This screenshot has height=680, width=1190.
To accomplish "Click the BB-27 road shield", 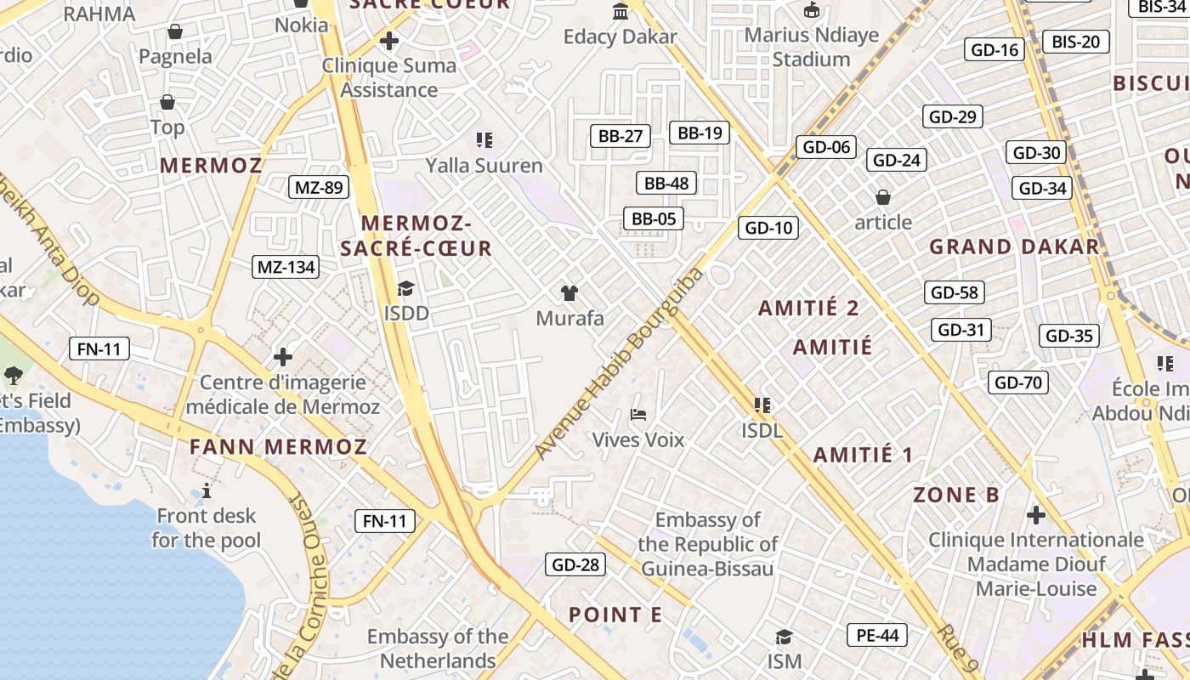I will pos(620,136).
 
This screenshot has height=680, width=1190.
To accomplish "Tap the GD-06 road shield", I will pos(826,147).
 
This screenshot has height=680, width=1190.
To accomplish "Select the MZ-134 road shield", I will pos(286,267).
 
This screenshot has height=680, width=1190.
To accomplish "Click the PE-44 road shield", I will pos(877,635).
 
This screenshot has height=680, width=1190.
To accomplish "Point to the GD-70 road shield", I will pos(1018,382).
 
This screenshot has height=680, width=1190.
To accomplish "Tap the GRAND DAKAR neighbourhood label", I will pos(1013,247).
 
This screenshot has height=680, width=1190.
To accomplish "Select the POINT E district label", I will pos(615,615).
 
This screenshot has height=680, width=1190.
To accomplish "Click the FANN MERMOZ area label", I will pos(278,447).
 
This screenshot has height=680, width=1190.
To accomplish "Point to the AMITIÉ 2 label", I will pos(808,309).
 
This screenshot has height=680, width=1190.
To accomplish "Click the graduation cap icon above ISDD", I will pos(405,288).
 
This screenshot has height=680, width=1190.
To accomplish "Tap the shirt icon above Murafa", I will pos(569,293).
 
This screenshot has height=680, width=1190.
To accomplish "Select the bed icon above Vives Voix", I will pos(638,415).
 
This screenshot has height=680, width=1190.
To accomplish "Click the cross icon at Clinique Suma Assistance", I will pos(389,40).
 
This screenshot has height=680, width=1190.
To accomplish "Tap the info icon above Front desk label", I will pos(206,490).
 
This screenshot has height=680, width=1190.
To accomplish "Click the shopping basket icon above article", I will pos(883,197).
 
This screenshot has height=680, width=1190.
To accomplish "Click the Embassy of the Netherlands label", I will pos(438,649).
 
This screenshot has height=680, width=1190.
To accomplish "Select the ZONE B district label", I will pos(955,495).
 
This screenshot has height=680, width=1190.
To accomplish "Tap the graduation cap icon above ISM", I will pos(784,636).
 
